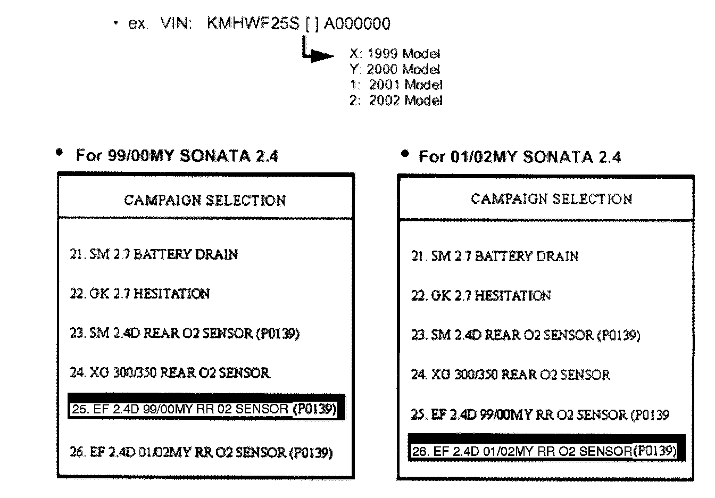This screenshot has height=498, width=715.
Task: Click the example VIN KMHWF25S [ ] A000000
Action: (298, 24)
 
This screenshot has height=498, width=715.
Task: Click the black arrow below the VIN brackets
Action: (319, 55)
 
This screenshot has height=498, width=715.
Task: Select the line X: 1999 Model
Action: (395, 54)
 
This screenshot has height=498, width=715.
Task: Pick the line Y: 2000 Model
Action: (395, 69)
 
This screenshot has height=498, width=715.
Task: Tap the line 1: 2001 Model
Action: (396, 85)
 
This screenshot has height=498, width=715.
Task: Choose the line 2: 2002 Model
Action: (396, 100)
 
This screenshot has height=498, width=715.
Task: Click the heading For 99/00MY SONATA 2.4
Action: (177, 156)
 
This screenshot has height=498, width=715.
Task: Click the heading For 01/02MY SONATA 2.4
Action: (520, 157)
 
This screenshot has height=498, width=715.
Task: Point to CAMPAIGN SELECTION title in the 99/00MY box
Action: (205, 201)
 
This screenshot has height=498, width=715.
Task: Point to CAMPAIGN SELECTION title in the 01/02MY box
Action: (552, 199)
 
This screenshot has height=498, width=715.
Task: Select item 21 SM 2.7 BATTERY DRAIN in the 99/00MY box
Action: (154, 254)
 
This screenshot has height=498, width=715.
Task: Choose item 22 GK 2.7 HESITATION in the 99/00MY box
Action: (140, 294)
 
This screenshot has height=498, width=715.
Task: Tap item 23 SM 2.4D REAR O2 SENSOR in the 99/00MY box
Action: (185, 334)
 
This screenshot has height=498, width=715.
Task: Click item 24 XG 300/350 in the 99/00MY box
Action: (170, 372)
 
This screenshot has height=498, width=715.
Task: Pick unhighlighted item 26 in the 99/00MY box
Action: (201, 452)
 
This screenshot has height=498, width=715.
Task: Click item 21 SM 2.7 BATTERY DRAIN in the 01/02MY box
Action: (495, 256)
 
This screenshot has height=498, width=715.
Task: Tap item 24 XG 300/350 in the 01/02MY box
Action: (510, 375)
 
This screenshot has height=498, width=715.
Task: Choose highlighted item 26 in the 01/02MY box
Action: (545, 451)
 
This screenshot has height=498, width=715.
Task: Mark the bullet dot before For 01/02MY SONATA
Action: (405, 154)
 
